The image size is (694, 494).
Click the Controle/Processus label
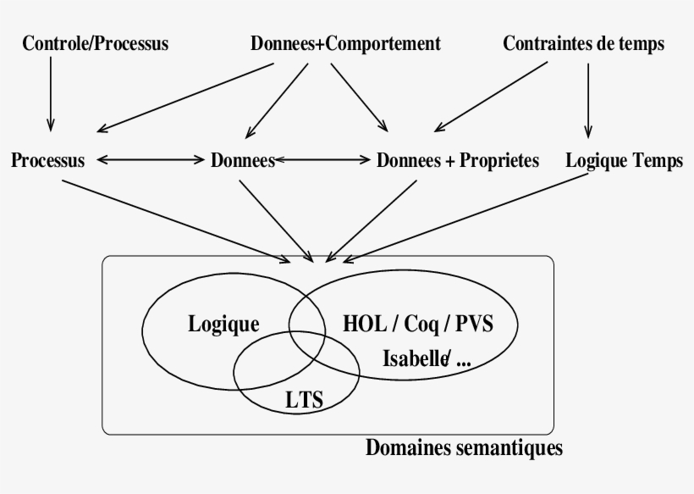94,44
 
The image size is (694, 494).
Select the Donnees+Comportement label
345,44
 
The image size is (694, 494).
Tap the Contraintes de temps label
583,44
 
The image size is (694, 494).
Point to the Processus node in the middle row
48,160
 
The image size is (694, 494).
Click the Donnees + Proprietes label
457,160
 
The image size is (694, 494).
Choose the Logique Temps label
624,160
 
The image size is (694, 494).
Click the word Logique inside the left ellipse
223,323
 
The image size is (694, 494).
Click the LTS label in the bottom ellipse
305,398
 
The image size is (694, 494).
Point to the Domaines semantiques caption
464,447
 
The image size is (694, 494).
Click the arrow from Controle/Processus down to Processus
51,93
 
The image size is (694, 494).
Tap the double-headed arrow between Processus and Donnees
151,159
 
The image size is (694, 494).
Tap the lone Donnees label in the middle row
243,160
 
